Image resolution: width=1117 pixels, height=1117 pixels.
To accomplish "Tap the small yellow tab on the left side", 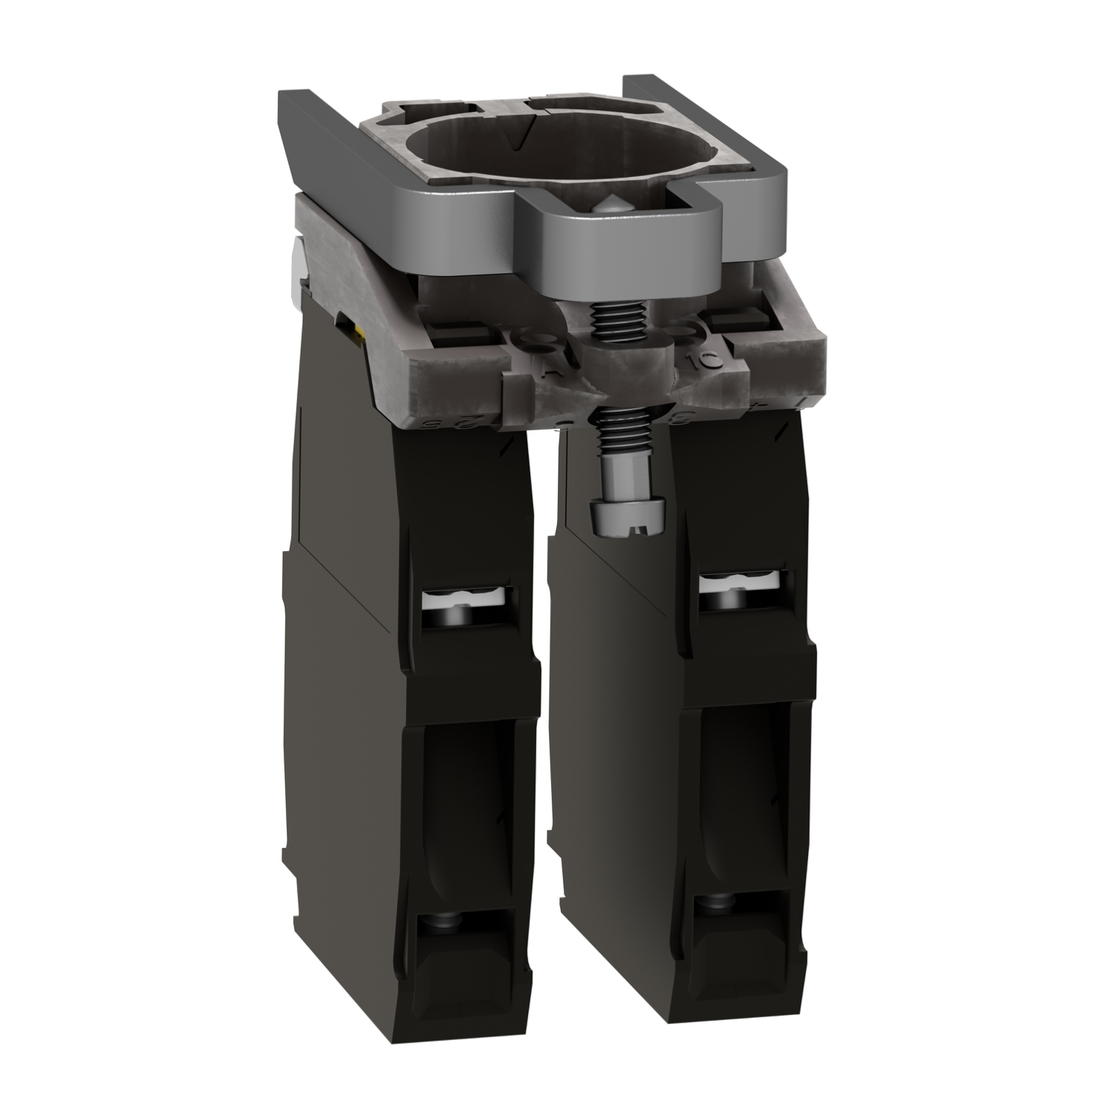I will pyautogui.click(x=363, y=339).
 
